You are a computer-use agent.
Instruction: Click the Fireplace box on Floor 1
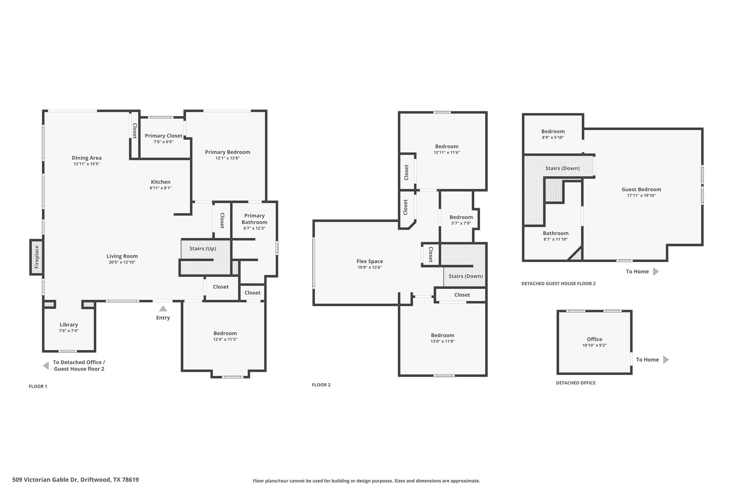point(37,257)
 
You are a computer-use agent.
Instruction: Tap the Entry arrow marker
point(163,309)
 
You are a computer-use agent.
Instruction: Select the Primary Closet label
point(164,136)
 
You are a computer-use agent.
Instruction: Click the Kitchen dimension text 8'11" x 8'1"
point(161,188)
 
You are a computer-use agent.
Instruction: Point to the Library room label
point(69,325)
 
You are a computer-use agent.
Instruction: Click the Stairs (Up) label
point(203,248)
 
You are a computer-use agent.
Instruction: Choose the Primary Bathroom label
point(254,219)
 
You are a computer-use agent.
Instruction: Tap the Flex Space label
point(370,261)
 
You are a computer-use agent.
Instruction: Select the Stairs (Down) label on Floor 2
point(466,276)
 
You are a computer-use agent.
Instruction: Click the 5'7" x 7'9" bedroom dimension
point(461,223)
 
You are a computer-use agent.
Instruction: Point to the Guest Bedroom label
point(641,189)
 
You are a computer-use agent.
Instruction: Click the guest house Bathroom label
point(555,233)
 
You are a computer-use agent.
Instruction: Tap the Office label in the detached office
point(594,339)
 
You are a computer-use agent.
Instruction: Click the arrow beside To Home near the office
point(666,360)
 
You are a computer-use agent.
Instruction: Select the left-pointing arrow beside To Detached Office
point(46,366)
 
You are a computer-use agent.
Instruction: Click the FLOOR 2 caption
point(321,385)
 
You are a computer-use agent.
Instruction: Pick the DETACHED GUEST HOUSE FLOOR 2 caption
point(558,284)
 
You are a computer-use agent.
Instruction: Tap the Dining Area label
point(87,158)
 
